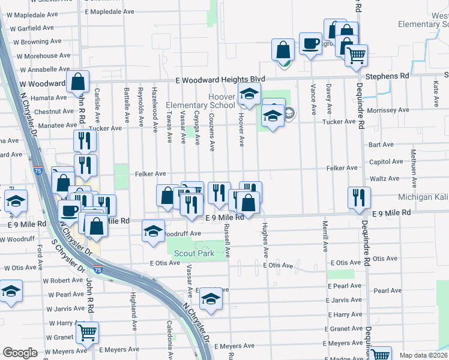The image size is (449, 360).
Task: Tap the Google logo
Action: click(x=20, y=353)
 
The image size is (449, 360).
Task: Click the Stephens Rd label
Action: click(x=387, y=76)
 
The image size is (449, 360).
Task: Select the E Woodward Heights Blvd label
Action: click(x=220, y=79)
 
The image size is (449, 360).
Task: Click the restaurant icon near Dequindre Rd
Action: click(x=359, y=197)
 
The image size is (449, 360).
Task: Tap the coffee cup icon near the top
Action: click(x=310, y=44)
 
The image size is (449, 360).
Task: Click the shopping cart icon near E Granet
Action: click(x=88, y=331)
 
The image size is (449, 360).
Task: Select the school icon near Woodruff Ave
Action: click(x=154, y=231)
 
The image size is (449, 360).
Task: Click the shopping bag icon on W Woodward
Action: click(x=78, y=82)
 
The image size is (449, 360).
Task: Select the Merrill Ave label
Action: click(x=325, y=235)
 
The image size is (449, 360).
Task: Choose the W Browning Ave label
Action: click(x=39, y=42)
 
